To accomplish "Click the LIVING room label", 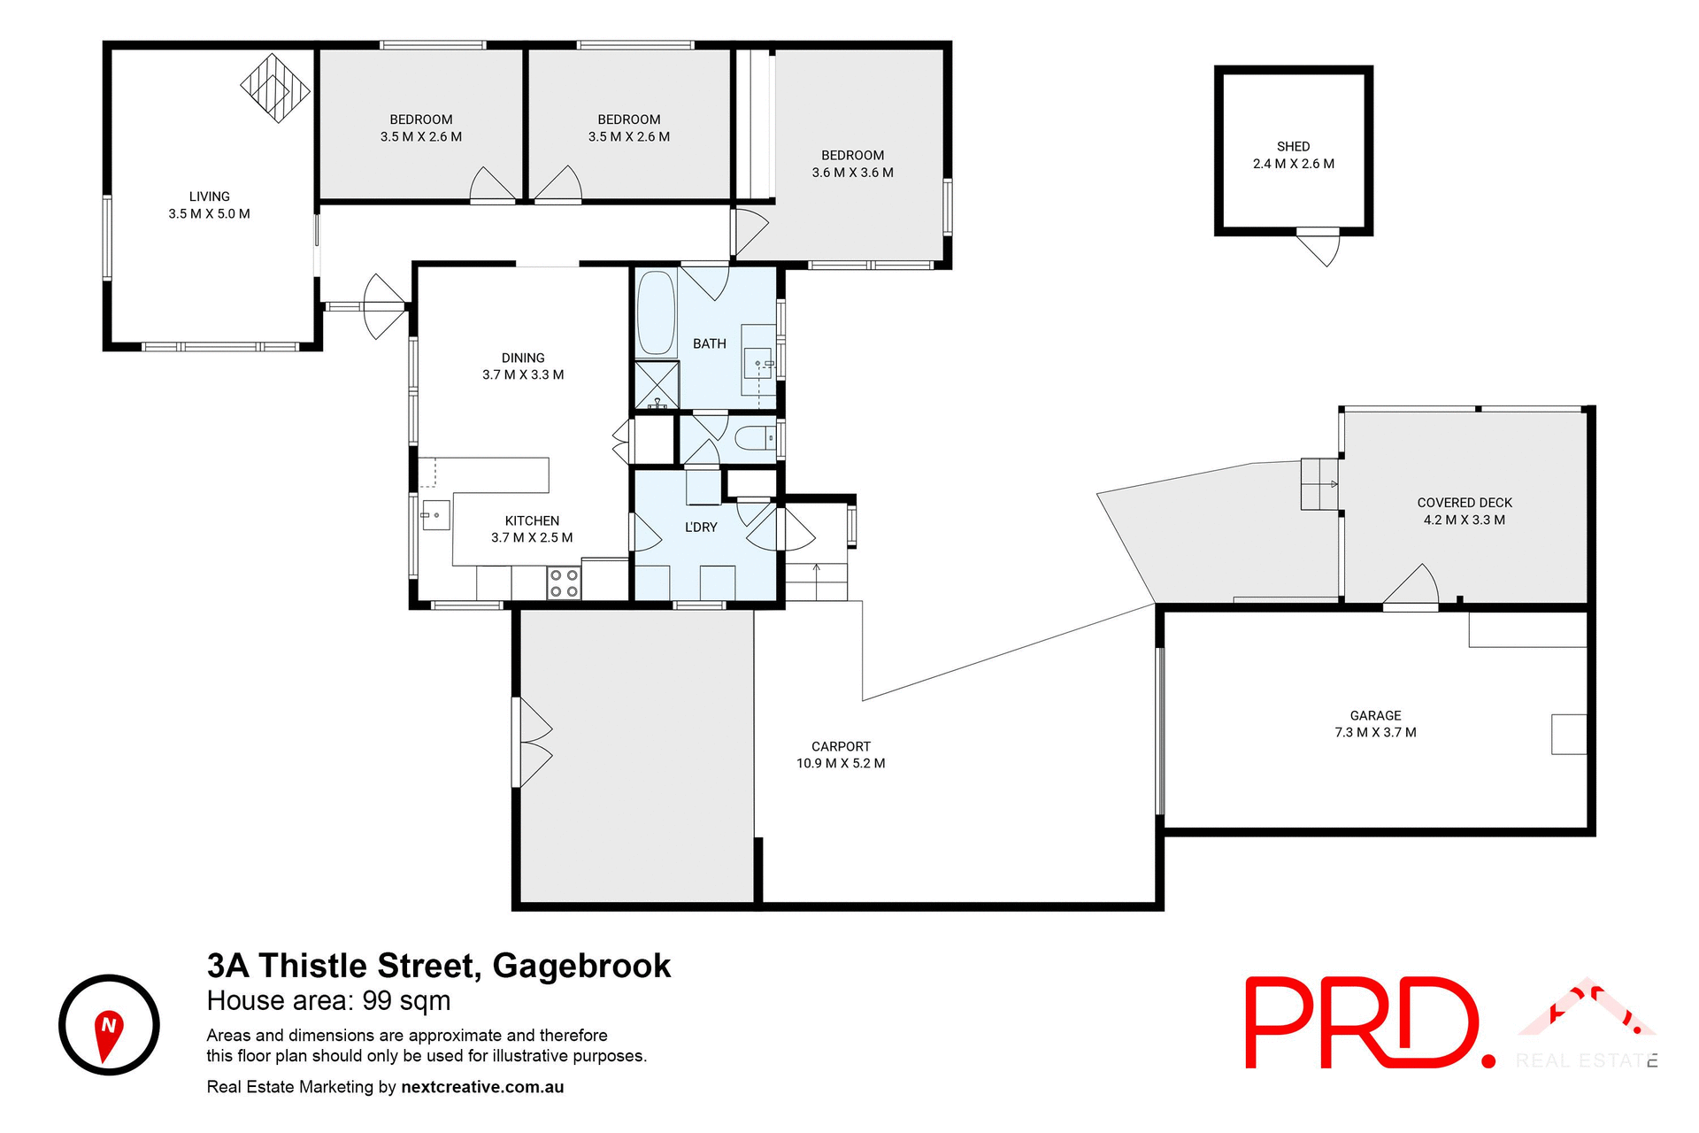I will [209, 197].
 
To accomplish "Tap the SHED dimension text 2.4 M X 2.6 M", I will [1293, 164].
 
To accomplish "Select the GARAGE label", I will [1375, 715].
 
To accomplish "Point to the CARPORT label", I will [841, 746].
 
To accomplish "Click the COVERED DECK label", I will [1465, 503].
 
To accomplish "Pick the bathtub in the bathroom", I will [656, 313].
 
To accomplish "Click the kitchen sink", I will [435, 514].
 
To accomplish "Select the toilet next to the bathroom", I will [753, 437].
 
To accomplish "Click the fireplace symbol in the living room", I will [275, 88].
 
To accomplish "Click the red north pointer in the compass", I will [108, 1033].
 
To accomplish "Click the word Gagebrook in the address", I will [581, 966].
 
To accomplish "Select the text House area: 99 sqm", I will [328, 1001].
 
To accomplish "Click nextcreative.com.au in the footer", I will [482, 1087].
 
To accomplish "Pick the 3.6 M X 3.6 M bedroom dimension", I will [852, 173].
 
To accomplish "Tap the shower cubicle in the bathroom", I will [657, 385].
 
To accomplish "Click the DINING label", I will [523, 358].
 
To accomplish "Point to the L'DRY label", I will [701, 528].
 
